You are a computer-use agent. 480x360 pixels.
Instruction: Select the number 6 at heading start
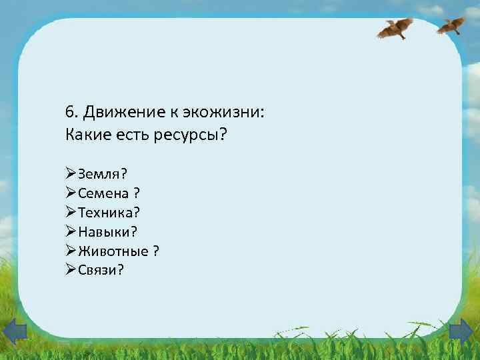click(69, 111)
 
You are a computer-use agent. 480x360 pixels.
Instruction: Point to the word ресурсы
click(192, 135)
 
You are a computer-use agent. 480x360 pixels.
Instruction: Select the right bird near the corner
click(451, 25)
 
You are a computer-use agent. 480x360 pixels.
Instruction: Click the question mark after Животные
click(155, 251)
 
